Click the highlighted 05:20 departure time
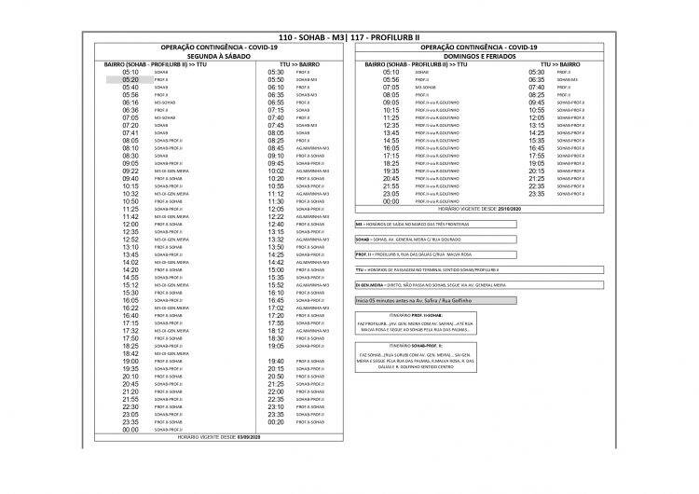point(130,80)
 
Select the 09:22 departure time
point(130,171)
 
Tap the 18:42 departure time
point(130,353)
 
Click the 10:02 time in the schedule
point(276,171)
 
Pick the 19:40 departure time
point(276,361)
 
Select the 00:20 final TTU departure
point(276,422)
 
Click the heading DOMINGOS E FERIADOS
point(480,55)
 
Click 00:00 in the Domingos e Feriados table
point(391,201)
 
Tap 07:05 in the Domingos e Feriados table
point(391,87)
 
